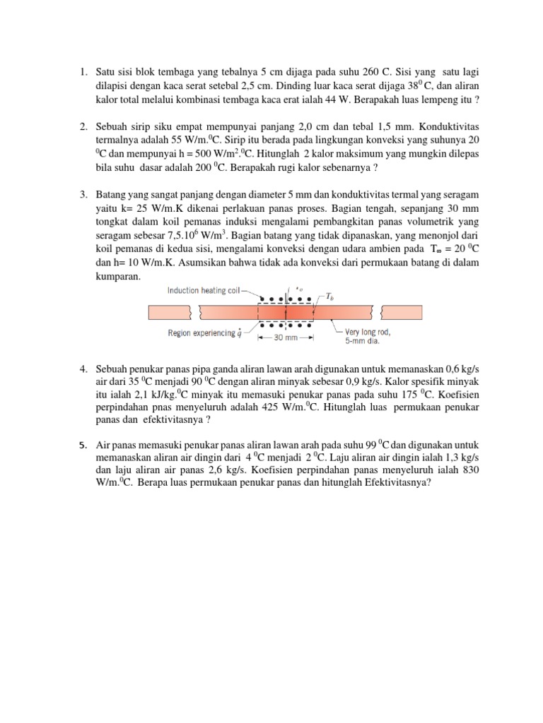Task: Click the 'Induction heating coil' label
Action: click(x=204, y=290)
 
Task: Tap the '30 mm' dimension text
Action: click(x=285, y=338)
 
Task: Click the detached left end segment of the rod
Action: click(x=169, y=311)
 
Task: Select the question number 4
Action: click(x=83, y=369)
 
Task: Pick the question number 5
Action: click(x=83, y=445)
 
